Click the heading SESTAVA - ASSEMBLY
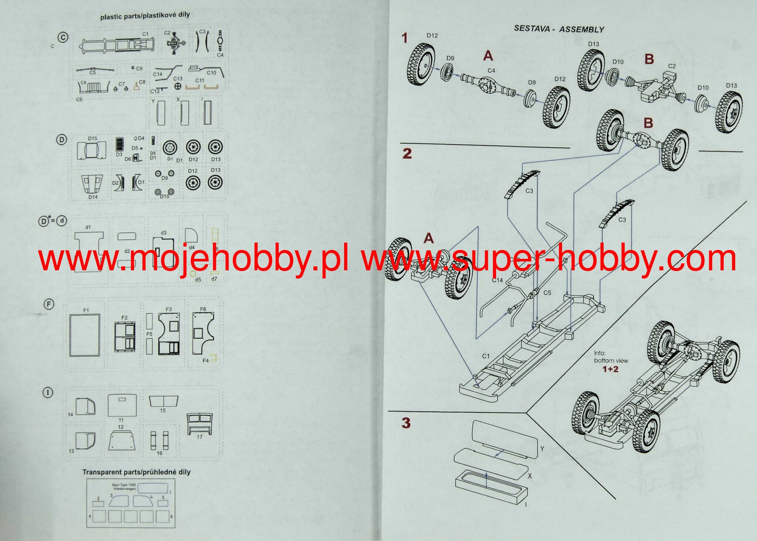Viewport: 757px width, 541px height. (559, 29)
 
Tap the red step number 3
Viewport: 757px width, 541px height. (406, 423)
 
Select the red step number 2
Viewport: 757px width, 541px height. (407, 153)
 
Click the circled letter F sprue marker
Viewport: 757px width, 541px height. (49, 304)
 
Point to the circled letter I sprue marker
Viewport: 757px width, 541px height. (48, 393)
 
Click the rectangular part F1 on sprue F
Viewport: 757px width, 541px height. (85, 335)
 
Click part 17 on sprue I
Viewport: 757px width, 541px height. (200, 423)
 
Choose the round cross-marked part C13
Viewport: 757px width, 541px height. (178, 86)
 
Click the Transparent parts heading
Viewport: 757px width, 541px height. (136, 472)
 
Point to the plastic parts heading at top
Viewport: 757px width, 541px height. (145, 16)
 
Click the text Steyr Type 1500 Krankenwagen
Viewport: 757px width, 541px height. (124, 487)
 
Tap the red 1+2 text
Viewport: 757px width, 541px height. (610, 369)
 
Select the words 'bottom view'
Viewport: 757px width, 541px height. (611, 361)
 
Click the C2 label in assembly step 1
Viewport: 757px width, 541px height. (672, 66)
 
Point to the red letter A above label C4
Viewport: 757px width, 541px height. (488, 56)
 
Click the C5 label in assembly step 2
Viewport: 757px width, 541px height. (547, 293)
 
